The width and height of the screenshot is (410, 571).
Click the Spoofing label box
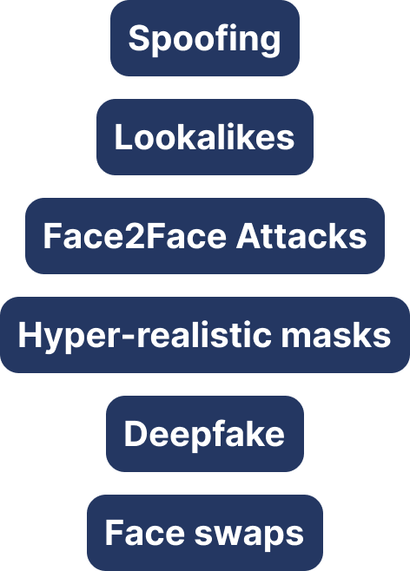click(205, 38)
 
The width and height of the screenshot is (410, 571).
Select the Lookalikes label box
click(205, 137)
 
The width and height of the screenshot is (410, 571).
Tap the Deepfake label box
click(205, 434)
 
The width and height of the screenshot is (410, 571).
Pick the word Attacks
click(301, 236)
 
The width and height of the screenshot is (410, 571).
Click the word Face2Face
click(135, 236)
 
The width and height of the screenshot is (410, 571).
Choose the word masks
click(336, 335)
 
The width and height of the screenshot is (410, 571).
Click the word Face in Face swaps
click(145, 533)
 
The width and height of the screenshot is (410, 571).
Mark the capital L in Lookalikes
click(123, 137)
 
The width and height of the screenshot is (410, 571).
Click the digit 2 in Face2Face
click(136, 236)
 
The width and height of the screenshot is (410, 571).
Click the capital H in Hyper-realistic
click(30, 335)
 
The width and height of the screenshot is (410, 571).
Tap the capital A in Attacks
click(249, 236)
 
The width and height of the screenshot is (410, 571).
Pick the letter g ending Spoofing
click(269, 43)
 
